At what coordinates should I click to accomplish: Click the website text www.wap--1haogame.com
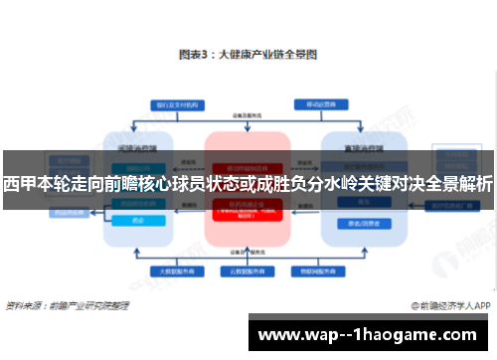(x=367, y=334)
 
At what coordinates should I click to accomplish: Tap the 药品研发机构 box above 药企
(x=140, y=208)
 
